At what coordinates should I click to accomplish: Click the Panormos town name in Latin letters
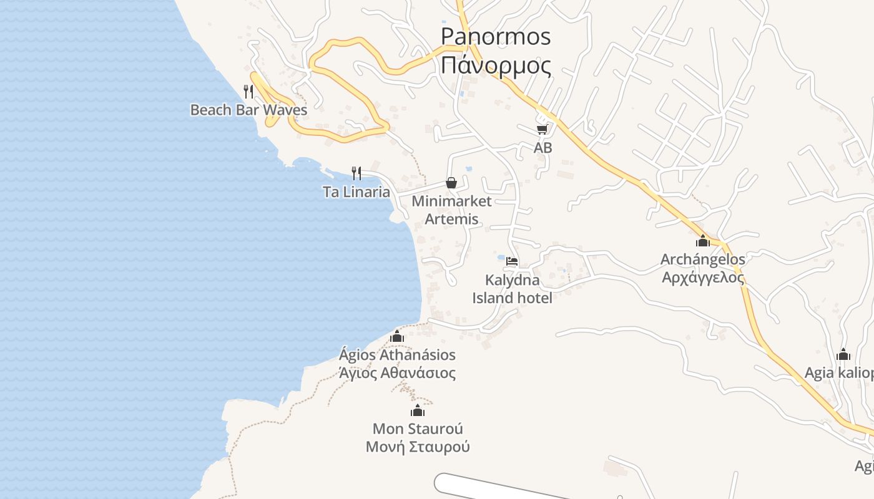[496, 36]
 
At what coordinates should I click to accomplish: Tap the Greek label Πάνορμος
[496, 64]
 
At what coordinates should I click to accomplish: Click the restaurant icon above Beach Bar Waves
[248, 92]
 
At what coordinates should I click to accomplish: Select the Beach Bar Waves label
[248, 110]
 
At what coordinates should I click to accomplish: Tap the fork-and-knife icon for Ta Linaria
[356, 173]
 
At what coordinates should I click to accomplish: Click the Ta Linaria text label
[356, 192]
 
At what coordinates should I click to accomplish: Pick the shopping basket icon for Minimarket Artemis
[451, 183]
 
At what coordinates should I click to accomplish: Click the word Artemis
[451, 219]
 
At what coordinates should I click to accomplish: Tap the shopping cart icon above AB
[542, 129]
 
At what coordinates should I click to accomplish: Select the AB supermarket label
[543, 148]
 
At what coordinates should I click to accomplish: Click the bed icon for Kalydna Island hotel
[512, 261]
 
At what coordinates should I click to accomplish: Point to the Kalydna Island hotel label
[512, 289]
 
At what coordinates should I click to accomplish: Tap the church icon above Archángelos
[703, 241]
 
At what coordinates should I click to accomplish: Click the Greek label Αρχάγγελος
[703, 277]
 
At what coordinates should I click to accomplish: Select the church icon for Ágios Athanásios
[396, 337]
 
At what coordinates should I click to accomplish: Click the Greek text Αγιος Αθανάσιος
[397, 373]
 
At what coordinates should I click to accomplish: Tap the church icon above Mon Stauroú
[418, 410]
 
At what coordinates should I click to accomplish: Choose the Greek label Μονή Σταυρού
[418, 447]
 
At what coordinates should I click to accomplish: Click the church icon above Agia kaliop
[843, 355]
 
